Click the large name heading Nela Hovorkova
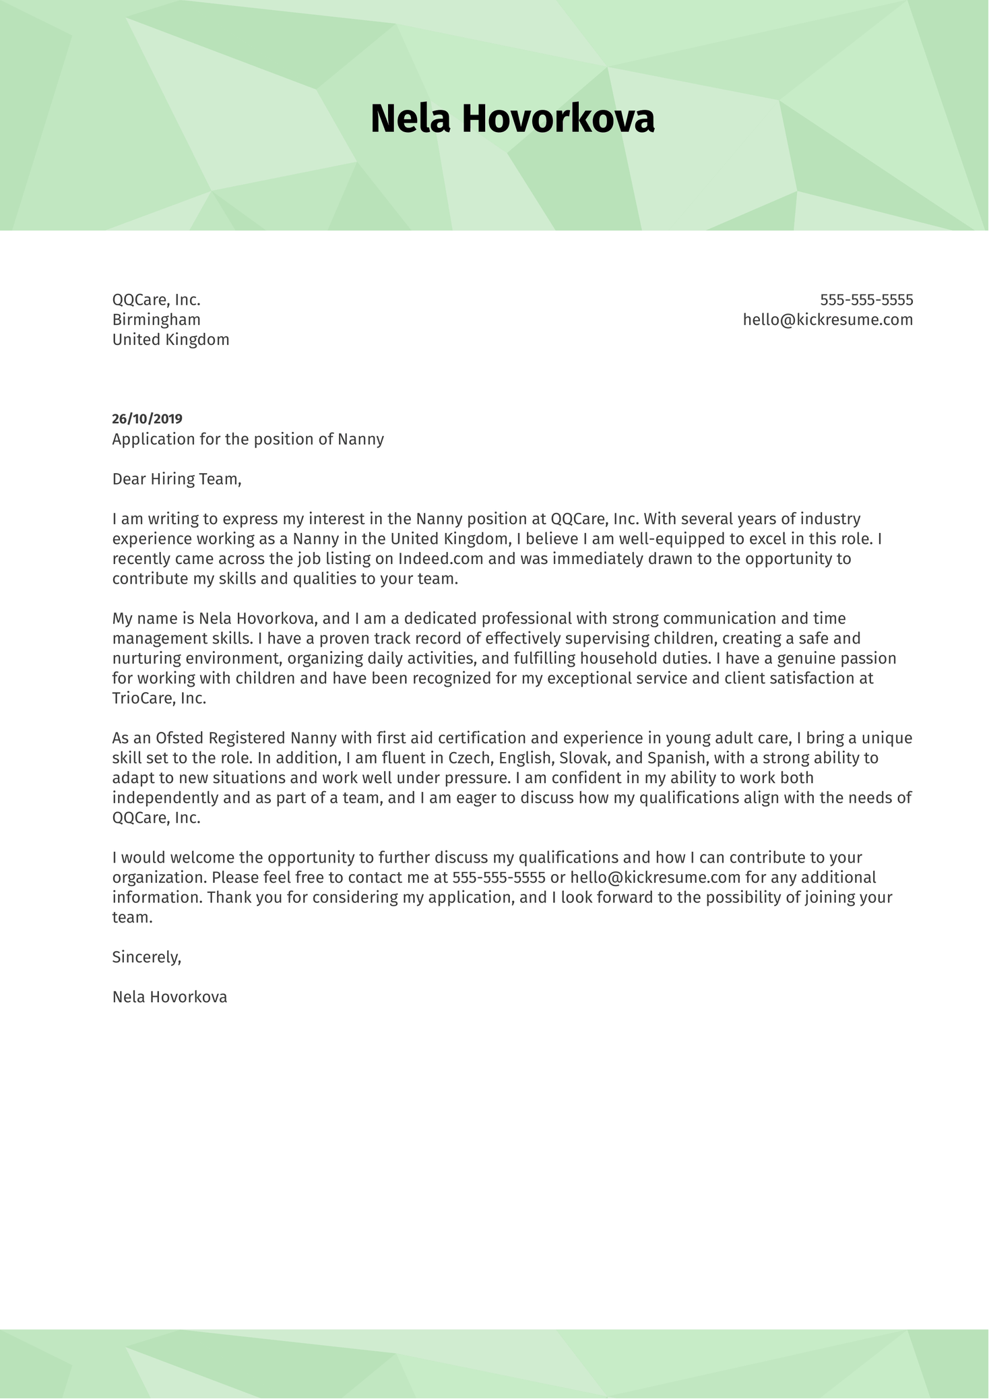pyautogui.click(x=512, y=119)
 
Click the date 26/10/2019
pyautogui.click(x=147, y=419)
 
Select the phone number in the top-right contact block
pyautogui.click(x=866, y=300)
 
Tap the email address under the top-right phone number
pyautogui.click(x=827, y=320)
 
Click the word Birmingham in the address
pyautogui.click(x=156, y=320)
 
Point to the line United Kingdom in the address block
pyautogui.click(x=170, y=340)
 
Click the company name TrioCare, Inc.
pyautogui.click(x=159, y=698)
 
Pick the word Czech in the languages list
pyautogui.click(x=470, y=758)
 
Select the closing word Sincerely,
pyautogui.click(x=147, y=957)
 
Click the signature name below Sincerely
pyautogui.click(x=170, y=997)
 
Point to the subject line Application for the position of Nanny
pyautogui.click(x=248, y=439)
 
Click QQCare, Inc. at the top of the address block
pyautogui.click(x=156, y=300)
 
